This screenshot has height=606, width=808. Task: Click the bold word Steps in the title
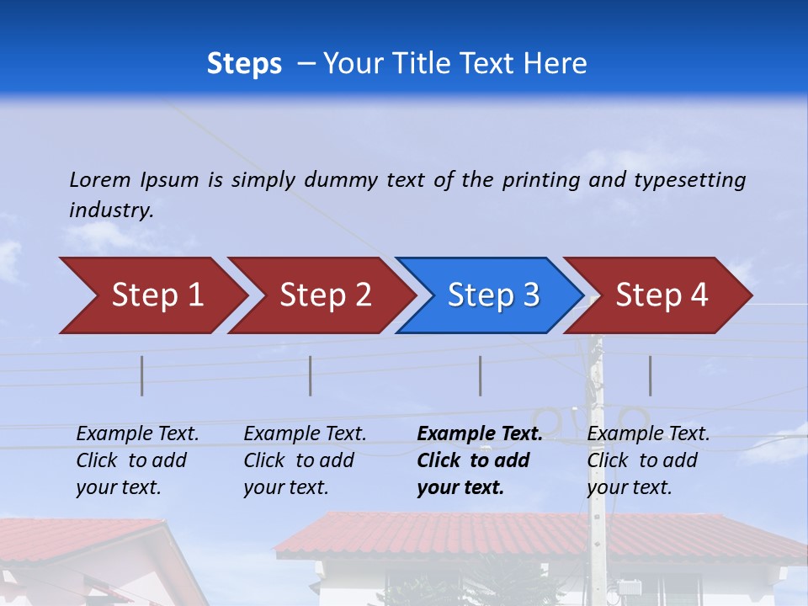tap(244, 64)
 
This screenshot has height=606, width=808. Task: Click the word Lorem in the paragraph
tap(100, 179)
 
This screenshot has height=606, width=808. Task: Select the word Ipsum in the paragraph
tap(170, 179)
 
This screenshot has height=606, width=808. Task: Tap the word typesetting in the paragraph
tap(689, 179)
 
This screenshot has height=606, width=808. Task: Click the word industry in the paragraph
tap(110, 210)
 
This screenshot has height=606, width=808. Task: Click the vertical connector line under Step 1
tap(142, 375)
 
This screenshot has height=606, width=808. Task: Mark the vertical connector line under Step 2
tap(311, 375)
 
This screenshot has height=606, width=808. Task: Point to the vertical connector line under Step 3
tap(481, 375)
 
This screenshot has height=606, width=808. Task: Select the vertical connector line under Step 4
tap(651, 375)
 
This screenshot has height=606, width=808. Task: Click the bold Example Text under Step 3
tap(480, 434)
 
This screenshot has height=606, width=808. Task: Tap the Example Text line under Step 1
tap(137, 434)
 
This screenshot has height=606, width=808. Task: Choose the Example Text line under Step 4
tap(648, 434)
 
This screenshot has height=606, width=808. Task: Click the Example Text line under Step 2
tap(305, 434)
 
